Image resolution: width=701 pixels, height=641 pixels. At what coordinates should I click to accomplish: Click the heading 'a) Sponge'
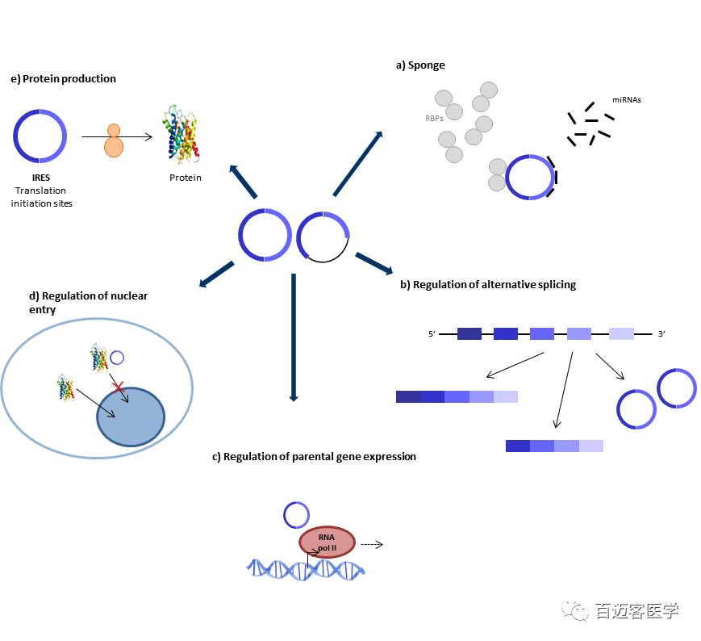[x=419, y=65]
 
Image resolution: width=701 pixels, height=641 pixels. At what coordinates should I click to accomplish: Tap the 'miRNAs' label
[x=627, y=100]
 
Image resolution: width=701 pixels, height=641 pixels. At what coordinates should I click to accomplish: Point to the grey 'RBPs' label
[x=434, y=118]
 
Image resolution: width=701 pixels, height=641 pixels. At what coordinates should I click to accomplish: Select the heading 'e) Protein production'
[x=64, y=78]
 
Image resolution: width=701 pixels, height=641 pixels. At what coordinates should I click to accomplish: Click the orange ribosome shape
[x=114, y=141]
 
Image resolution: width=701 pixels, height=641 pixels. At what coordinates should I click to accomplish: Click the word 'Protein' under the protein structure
[x=185, y=178]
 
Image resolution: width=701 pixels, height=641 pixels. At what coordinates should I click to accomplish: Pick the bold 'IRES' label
[x=40, y=178]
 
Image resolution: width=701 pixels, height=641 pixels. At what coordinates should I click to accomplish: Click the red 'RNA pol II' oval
[x=327, y=542]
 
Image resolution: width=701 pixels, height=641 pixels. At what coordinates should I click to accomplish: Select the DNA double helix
[x=306, y=569]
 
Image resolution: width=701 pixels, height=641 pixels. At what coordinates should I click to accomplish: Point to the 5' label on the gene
[x=432, y=333]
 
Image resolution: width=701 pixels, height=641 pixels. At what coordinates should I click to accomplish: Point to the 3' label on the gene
[x=661, y=333]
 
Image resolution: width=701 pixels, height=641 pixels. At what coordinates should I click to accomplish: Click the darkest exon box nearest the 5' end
[x=469, y=333]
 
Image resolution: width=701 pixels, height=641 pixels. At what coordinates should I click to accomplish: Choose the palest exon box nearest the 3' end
[x=621, y=333]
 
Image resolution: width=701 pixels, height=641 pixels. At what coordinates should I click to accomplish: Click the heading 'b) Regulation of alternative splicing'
[x=487, y=284]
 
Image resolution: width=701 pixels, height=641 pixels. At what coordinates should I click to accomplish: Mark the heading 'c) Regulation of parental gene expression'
[x=314, y=456]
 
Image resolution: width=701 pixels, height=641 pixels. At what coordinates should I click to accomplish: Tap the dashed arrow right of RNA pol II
[x=371, y=543]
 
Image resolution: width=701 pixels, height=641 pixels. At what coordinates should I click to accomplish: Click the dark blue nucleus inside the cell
[x=130, y=417]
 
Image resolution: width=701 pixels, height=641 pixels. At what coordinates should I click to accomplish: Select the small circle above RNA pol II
[x=295, y=514]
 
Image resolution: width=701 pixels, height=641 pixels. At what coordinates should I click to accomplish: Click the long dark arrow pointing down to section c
[x=294, y=339]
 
